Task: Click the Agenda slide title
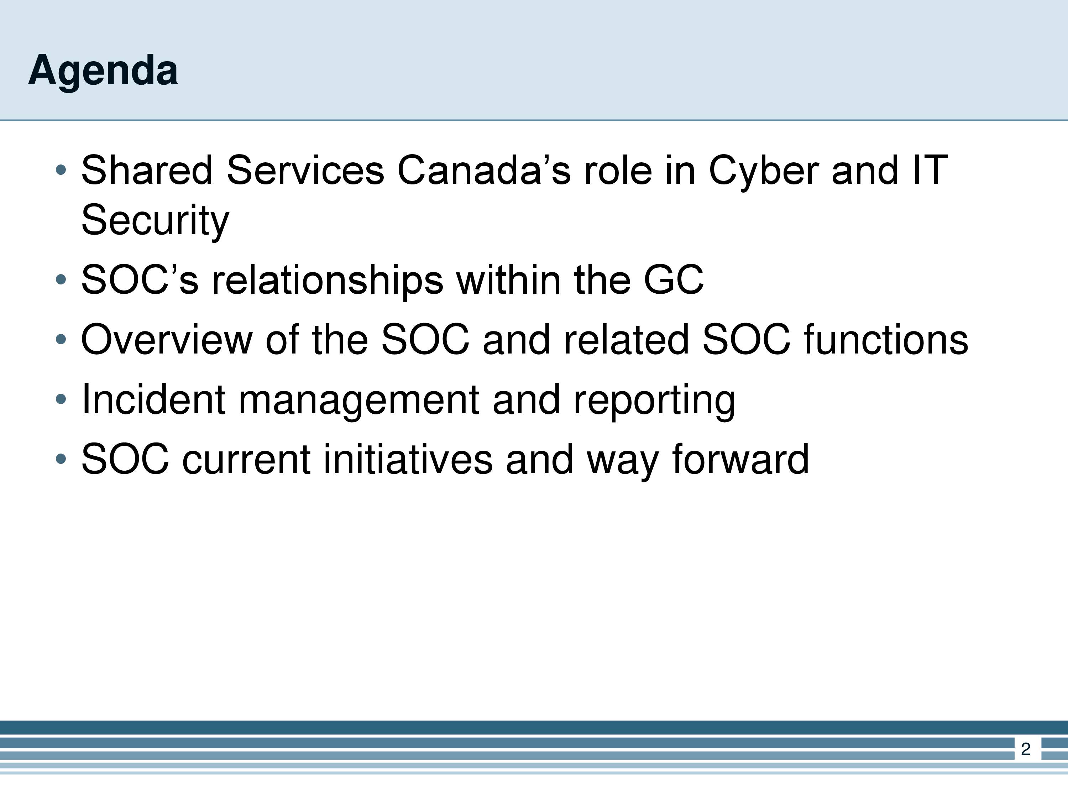pyautogui.click(x=103, y=71)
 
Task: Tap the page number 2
pyautogui.click(x=1026, y=749)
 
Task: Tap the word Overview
pyautogui.click(x=167, y=339)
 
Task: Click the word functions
pyautogui.click(x=886, y=339)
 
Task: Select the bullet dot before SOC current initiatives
pyautogui.click(x=61, y=459)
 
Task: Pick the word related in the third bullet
pyautogui.click(x=626, y=339)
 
